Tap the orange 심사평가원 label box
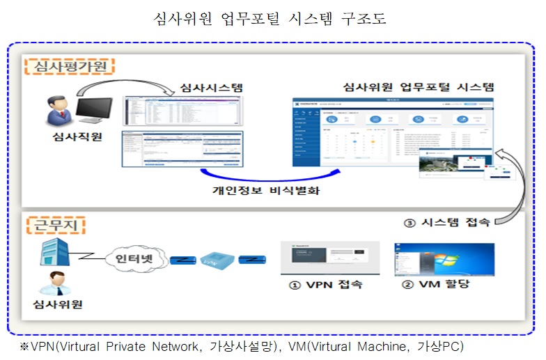[x=70, y=67]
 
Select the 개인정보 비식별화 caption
[x=266, y=189]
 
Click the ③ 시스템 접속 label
[x=448, y=223]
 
